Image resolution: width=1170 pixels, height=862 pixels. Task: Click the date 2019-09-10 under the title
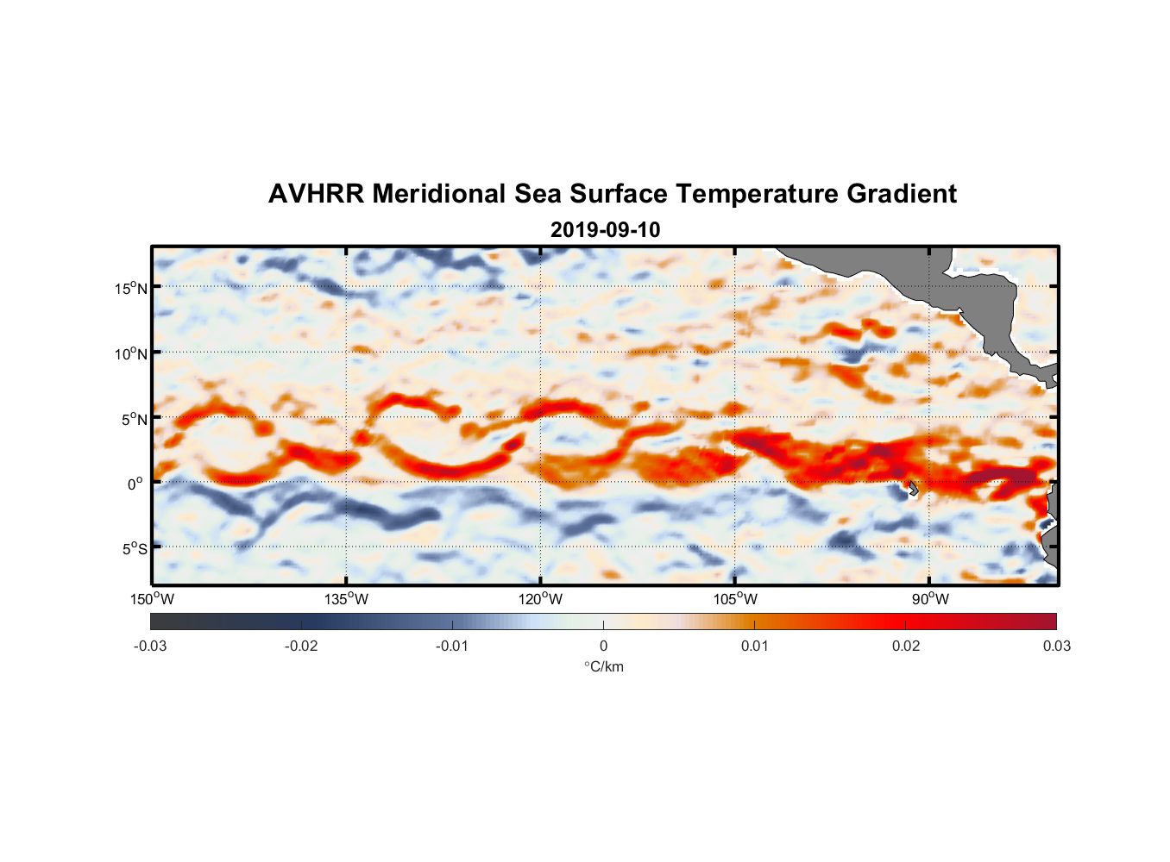pyautogui.click(x=605, y=230)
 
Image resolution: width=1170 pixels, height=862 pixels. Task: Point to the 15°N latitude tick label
pyautogui.click(x=131, y=288)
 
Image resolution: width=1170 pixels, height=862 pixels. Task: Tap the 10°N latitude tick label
pyautogui.click(x=131, y=353)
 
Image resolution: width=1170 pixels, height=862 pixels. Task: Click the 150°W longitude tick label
pyautogui.click(x=153, y=599)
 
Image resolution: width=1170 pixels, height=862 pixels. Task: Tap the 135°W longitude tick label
pyautogui.click(x=347, y=599)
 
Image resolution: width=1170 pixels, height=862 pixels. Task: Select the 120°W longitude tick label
pyautogui.click(x=541, y=599)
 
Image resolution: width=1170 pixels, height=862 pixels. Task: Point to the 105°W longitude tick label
pyautogui.click(x=735, y=599)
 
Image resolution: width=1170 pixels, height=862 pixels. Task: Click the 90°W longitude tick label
pyautogui.click(x=930, y=599)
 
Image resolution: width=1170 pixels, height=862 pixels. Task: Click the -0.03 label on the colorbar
pyautogui.click(x=150, y=646)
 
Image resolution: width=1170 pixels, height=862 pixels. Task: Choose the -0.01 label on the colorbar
pyautogui.click(x=452, y=646)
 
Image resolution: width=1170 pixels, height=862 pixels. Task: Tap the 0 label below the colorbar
pyautogui.click(x=603, y=646)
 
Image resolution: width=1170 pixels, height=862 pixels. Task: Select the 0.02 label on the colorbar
pyautogui.click(x=906, y=646)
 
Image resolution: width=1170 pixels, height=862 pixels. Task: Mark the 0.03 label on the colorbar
pyautogui.click(x=1056, y=646)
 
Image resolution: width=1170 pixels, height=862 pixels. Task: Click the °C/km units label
pyautogui.click(x=604, y=666)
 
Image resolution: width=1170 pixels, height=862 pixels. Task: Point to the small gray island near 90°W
pyautogui.click(x=913, y=488)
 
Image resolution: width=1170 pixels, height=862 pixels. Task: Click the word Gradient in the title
pyautogui.click(x=902, y=194)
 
